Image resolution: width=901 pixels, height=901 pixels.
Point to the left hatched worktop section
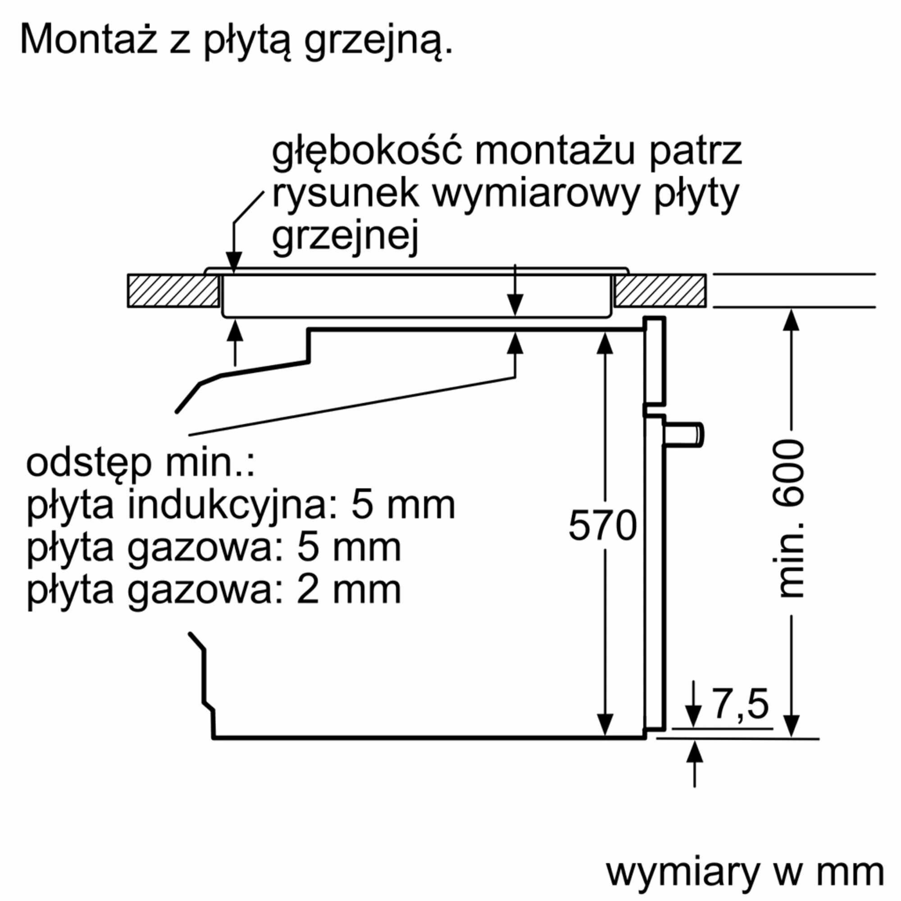pos(173,291)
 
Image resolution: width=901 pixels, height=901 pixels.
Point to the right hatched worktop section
pos(660,291)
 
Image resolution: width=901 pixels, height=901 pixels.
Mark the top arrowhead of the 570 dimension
pos(605,343)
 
